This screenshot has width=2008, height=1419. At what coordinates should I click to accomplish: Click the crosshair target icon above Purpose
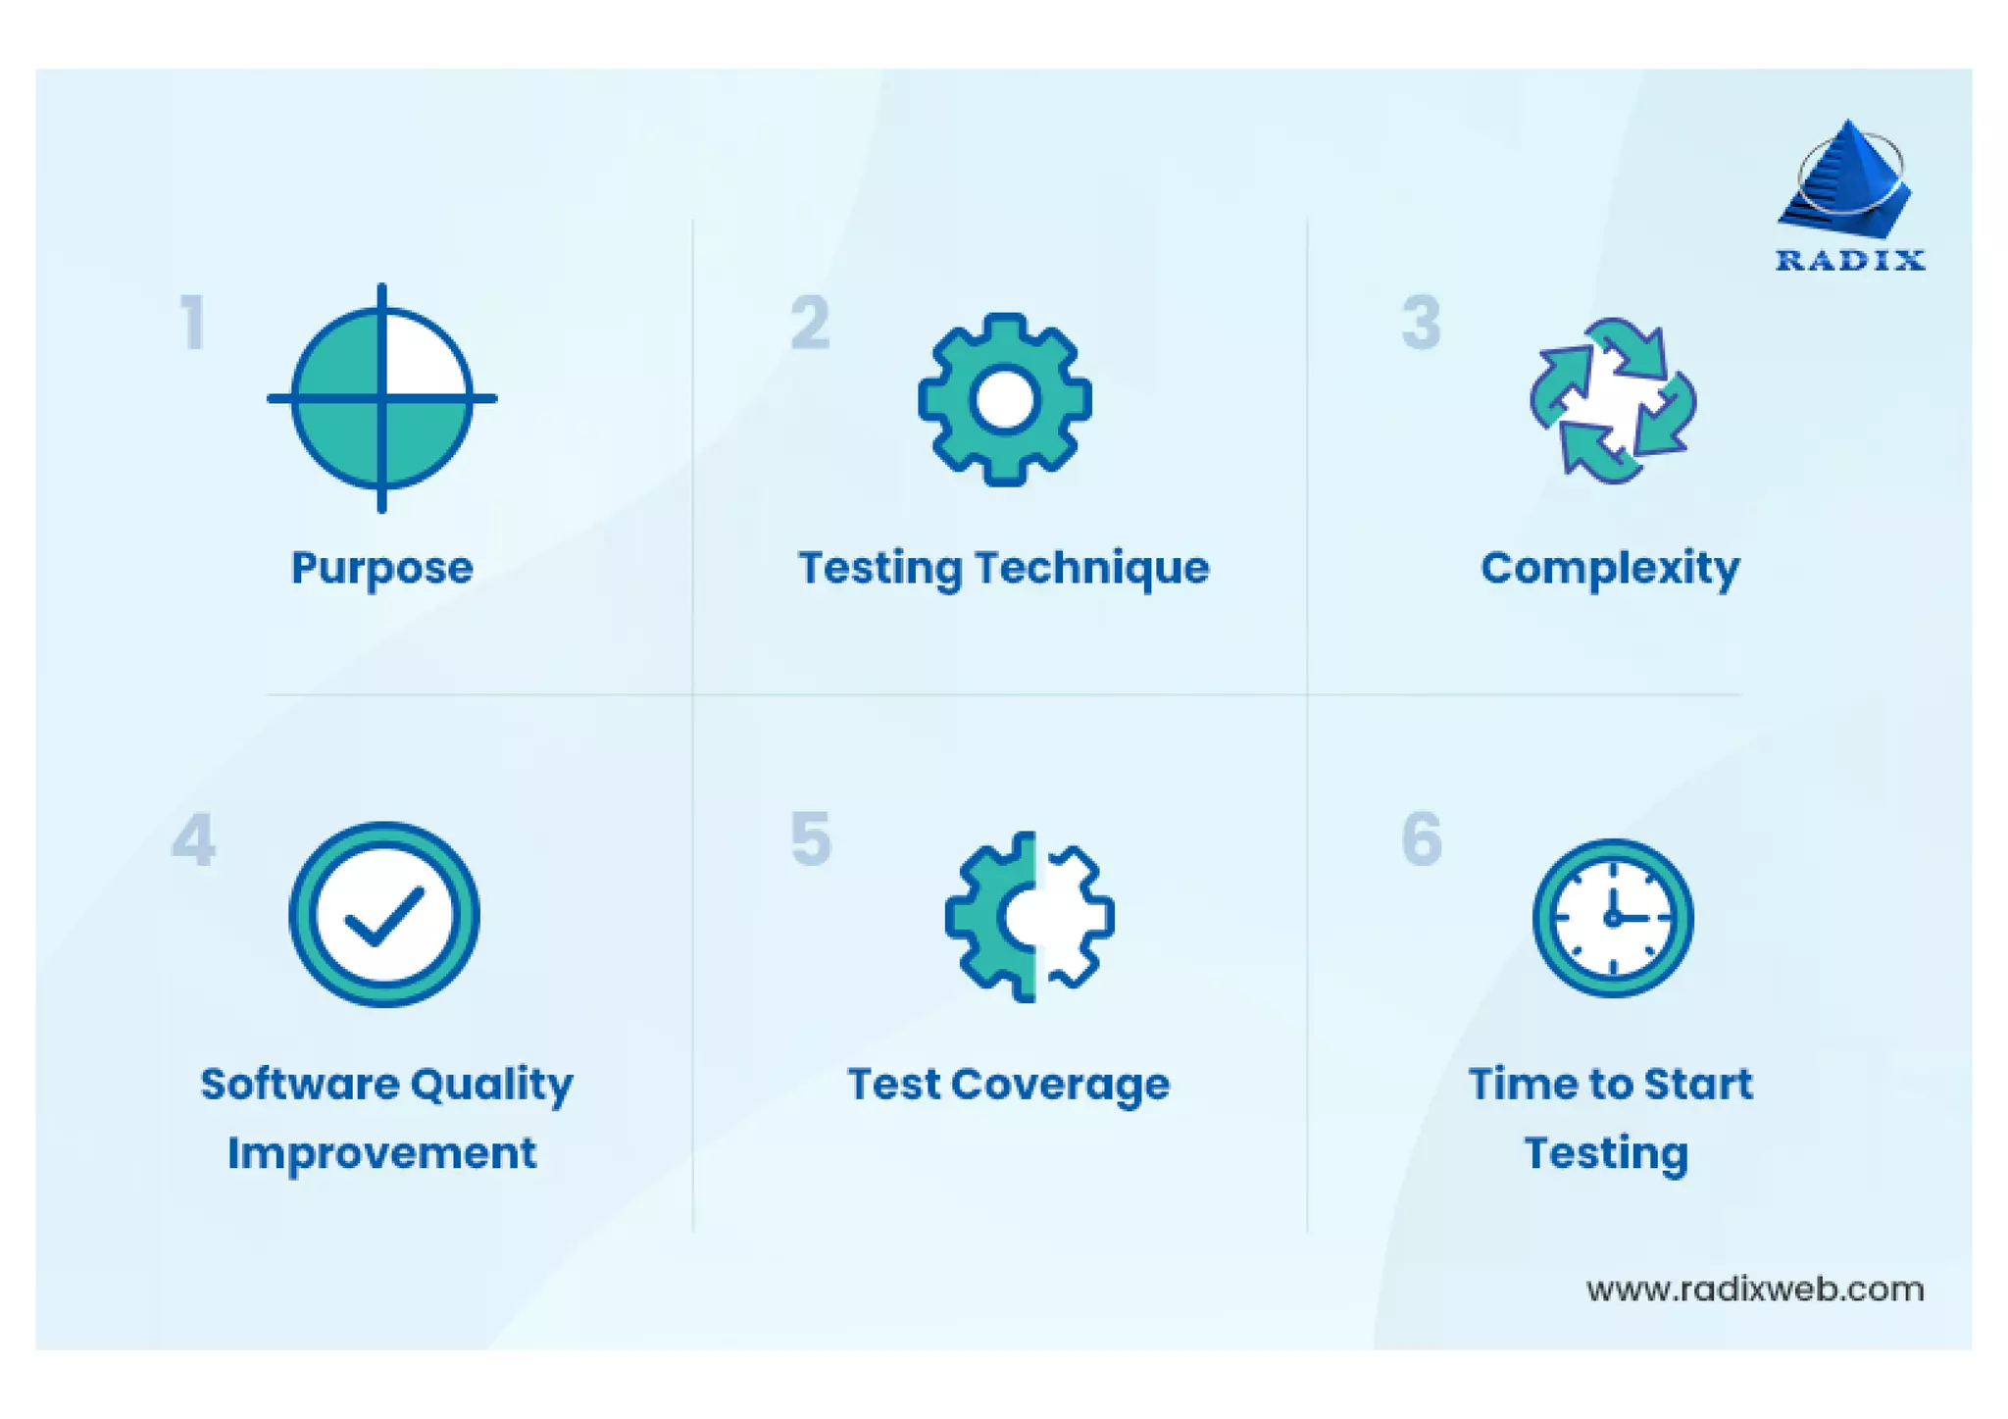click(x=381, y=398)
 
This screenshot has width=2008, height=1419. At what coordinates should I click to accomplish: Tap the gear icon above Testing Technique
click(x=1004, y=399)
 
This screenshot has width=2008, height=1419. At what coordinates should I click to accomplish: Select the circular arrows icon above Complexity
click(x=1613, y=400)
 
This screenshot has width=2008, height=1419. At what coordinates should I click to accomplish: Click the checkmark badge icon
click(x=383, y=914)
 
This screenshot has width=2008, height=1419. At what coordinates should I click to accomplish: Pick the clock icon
click(x=1612, y=918)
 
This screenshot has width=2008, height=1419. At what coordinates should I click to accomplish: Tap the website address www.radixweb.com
click(x=1754, y=1289)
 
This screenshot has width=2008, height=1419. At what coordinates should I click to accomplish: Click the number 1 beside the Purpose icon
click(x=193, y=323)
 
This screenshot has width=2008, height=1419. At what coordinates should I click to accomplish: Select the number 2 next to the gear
click(x=810, y=323)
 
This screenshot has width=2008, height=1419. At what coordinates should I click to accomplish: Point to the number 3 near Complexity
click(x=1421, y=323)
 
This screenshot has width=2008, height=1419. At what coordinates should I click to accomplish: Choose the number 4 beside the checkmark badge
click(x=193, y=840)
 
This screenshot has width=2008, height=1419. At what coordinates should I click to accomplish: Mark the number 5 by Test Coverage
click(x=811, y=839)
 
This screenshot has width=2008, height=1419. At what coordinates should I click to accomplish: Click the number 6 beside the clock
click(x=1422, y=839)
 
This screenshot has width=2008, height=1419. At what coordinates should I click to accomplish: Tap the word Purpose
click(x=381, y=568)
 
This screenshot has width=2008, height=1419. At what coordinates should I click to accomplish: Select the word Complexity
click(x=1610, y=568)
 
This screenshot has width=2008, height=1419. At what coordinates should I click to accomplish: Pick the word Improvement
click(x=381, y=1153)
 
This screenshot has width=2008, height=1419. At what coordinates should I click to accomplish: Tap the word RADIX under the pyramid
click(x=1850, y=261)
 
